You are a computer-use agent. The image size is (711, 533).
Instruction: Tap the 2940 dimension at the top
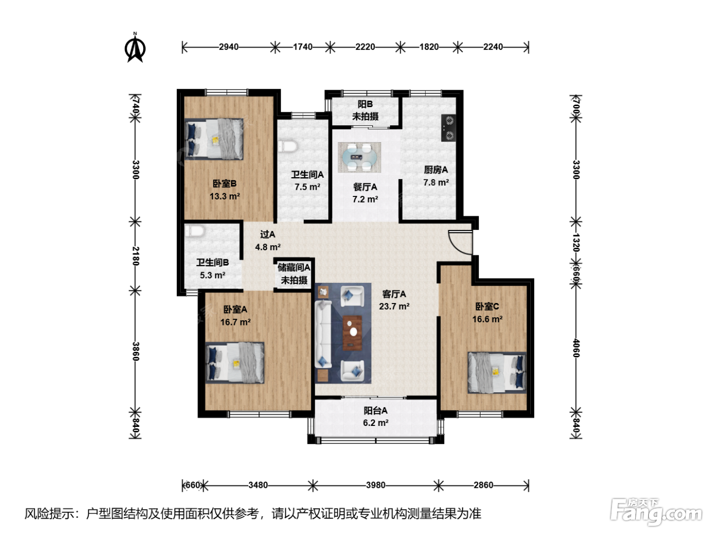229,47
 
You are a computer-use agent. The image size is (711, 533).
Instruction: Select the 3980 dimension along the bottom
375,485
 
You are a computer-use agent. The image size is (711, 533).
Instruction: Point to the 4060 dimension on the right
575,348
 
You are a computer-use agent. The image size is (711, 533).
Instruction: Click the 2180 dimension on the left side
136,256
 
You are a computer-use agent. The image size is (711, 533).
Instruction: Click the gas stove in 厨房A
448,127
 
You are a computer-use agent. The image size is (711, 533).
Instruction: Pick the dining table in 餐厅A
359,157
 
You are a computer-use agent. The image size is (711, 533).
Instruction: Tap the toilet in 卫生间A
287,146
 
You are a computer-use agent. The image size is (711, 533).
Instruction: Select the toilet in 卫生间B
194,231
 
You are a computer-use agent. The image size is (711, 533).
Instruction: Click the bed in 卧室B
214,139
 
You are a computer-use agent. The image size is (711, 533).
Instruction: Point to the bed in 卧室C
497,373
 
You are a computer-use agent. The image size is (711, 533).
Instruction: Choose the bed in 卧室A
235,363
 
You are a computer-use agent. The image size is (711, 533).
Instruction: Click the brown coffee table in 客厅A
352,333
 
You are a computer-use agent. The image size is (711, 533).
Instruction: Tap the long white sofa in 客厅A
324,334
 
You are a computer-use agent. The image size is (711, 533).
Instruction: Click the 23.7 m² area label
394,306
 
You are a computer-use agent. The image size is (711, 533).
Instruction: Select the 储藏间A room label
294,268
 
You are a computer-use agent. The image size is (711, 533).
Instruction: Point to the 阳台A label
375,410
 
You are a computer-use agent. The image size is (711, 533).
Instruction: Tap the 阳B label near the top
365,104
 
